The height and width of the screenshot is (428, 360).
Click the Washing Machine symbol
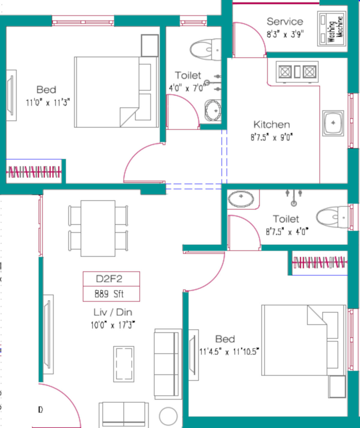point(331,29)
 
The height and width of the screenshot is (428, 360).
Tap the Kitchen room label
point(271,125)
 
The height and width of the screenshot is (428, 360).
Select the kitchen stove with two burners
point(297,72)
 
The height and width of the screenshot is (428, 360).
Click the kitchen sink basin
point(333,123)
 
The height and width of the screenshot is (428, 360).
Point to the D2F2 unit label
point(109,279)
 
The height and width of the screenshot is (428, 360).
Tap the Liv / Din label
point(113,313)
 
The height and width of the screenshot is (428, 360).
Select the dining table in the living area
point(98,228)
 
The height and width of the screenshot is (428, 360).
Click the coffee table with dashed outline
point(124,364)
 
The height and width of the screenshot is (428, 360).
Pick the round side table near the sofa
point(168,416)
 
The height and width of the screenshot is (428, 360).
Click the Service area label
point(285,22)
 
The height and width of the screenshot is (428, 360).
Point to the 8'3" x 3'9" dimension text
point(285,34)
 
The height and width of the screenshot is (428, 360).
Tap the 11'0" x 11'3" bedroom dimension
point(48,102)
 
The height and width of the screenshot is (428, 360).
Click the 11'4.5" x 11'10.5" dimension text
point(229,352)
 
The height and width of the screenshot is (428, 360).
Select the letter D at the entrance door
point(40,409)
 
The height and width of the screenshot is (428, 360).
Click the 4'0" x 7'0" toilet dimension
point(187,88)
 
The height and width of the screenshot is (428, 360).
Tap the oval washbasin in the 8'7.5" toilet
point(241,199)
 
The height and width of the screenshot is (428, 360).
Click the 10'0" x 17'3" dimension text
point(113,325)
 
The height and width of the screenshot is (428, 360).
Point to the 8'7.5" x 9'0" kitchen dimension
point(271,137)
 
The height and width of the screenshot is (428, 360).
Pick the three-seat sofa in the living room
point(168,364)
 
